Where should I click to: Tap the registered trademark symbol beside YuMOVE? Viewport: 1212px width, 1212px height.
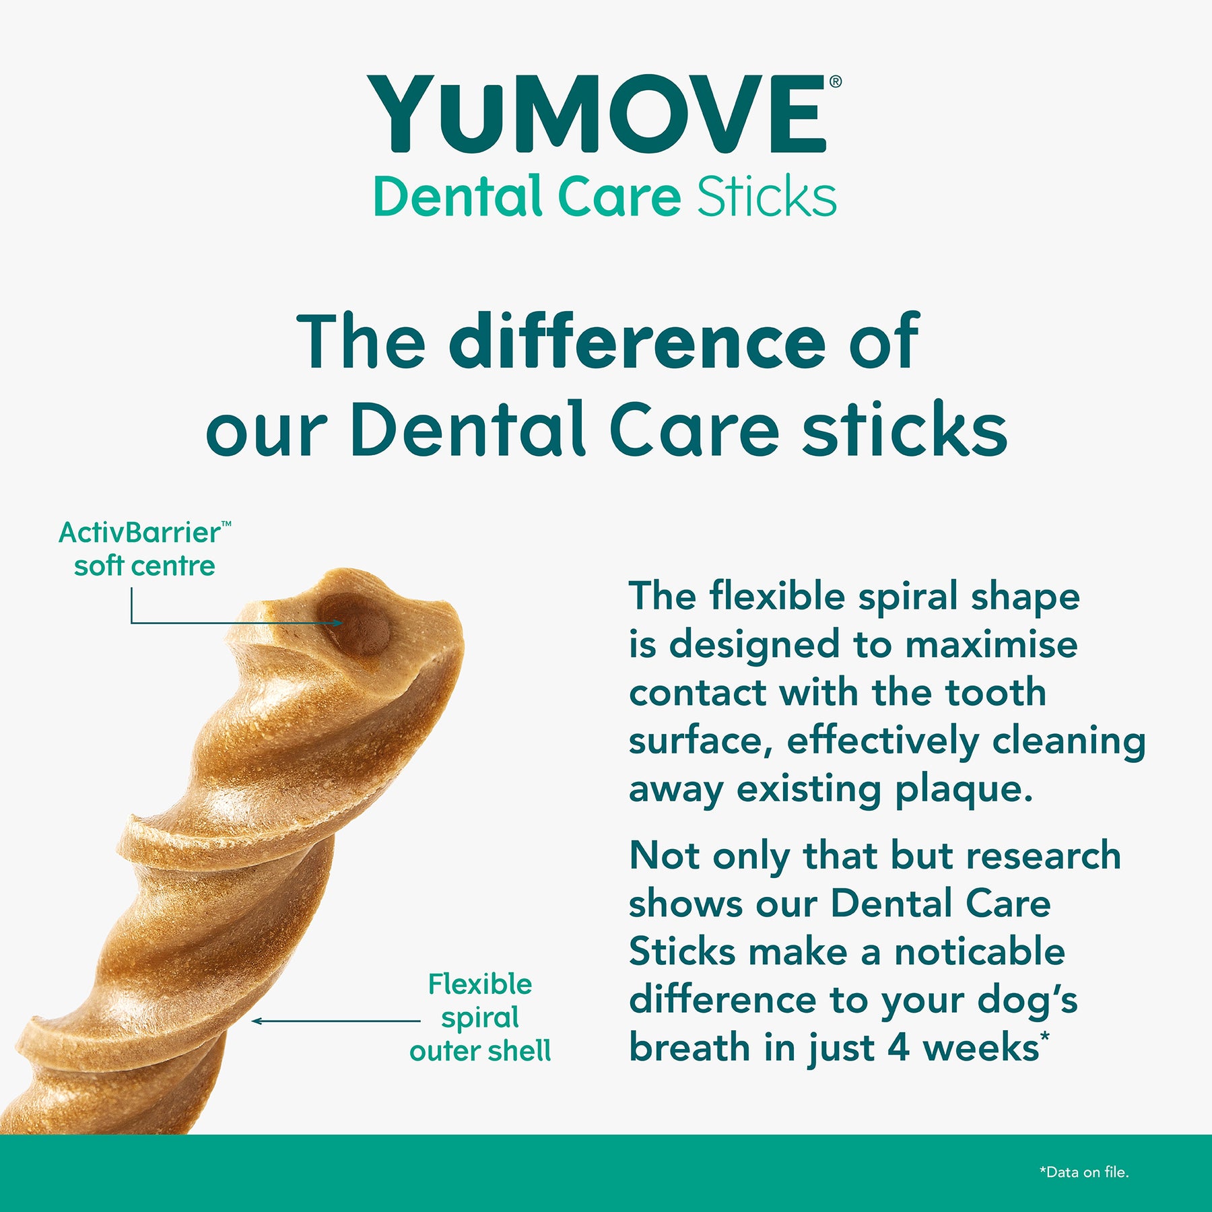836,81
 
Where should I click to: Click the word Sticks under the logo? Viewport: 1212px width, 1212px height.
767,197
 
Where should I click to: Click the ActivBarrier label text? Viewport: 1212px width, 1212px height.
145,532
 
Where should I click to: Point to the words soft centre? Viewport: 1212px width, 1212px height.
145,566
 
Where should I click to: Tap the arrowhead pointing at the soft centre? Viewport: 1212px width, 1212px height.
338,623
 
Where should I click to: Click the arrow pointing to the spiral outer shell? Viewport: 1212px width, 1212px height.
336,1021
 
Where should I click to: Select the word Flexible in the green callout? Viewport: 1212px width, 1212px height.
480,984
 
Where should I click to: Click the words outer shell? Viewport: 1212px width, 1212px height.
480,1050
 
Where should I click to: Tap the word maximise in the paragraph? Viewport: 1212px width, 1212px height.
991,644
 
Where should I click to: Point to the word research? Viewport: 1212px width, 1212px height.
1044,855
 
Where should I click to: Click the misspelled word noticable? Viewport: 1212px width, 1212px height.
980,951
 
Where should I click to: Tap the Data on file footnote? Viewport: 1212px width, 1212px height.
1084,1172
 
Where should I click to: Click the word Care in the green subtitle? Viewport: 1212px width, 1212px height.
619,197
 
